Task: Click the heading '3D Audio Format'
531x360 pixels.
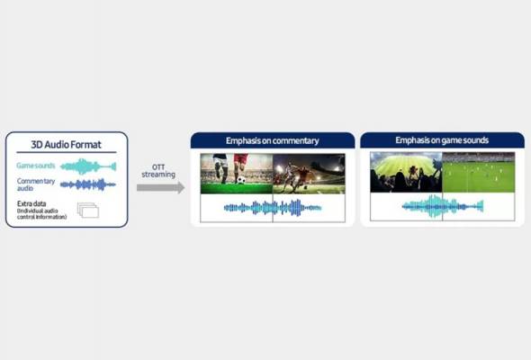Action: [x=66, y=145]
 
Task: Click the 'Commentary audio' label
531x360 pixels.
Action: [x=35, y=184]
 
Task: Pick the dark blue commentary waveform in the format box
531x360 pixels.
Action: [x=88, y=184]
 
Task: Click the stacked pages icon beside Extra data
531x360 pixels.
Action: [x=87, y=211]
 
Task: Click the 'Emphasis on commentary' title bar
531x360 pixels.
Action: [x=272, y=140]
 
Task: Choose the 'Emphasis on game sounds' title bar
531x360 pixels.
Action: [x=442, y=140]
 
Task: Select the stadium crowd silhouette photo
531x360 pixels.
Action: [x=405, y=173]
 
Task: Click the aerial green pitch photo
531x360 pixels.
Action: [x=478, y=173]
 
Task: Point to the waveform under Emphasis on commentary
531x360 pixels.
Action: [x=272, y=208]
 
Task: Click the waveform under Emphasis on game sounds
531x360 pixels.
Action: [x=442, y=207]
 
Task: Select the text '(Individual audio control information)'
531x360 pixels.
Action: [x=41, y=217]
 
